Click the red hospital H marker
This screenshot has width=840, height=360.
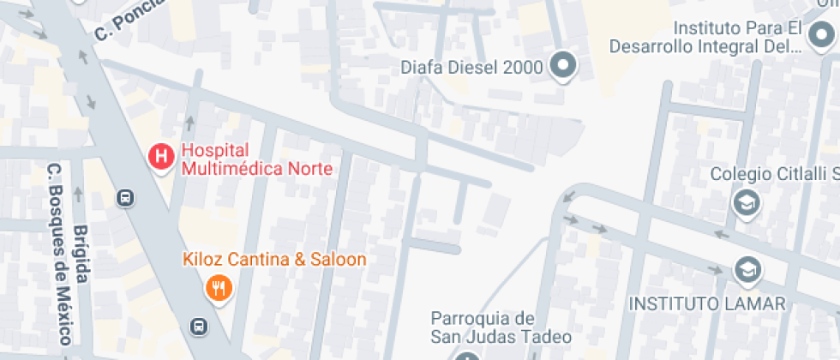tap(160, 156)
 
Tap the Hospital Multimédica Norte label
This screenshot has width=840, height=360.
tap(255, 159)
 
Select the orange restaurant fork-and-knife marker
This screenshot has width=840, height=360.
tap(219, 288)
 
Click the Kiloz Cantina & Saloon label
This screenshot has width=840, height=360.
tap(274, 259)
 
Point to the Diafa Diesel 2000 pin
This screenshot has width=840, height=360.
tap(563, 64)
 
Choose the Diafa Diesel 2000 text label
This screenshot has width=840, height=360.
tap(472, 66)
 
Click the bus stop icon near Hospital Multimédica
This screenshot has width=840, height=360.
tap(126, 198)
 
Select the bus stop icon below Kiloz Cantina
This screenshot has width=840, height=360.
tap(198, 326)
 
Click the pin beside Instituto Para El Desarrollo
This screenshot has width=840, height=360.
tap(818, 35)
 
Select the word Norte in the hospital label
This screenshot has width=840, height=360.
tap(310, 168)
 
